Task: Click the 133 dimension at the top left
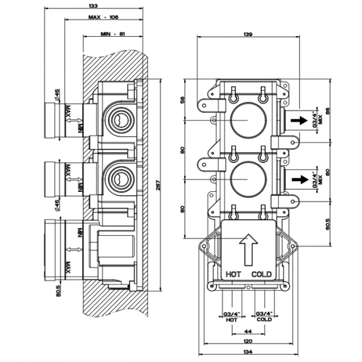click(92, 5)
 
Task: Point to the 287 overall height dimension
click(159, 187)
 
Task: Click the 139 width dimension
click(248, 34)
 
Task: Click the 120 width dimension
click(247, 341)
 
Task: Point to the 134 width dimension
click(247, 352)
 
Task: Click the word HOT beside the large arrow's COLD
click(233, 274)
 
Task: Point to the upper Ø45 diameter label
click(57, 95)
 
